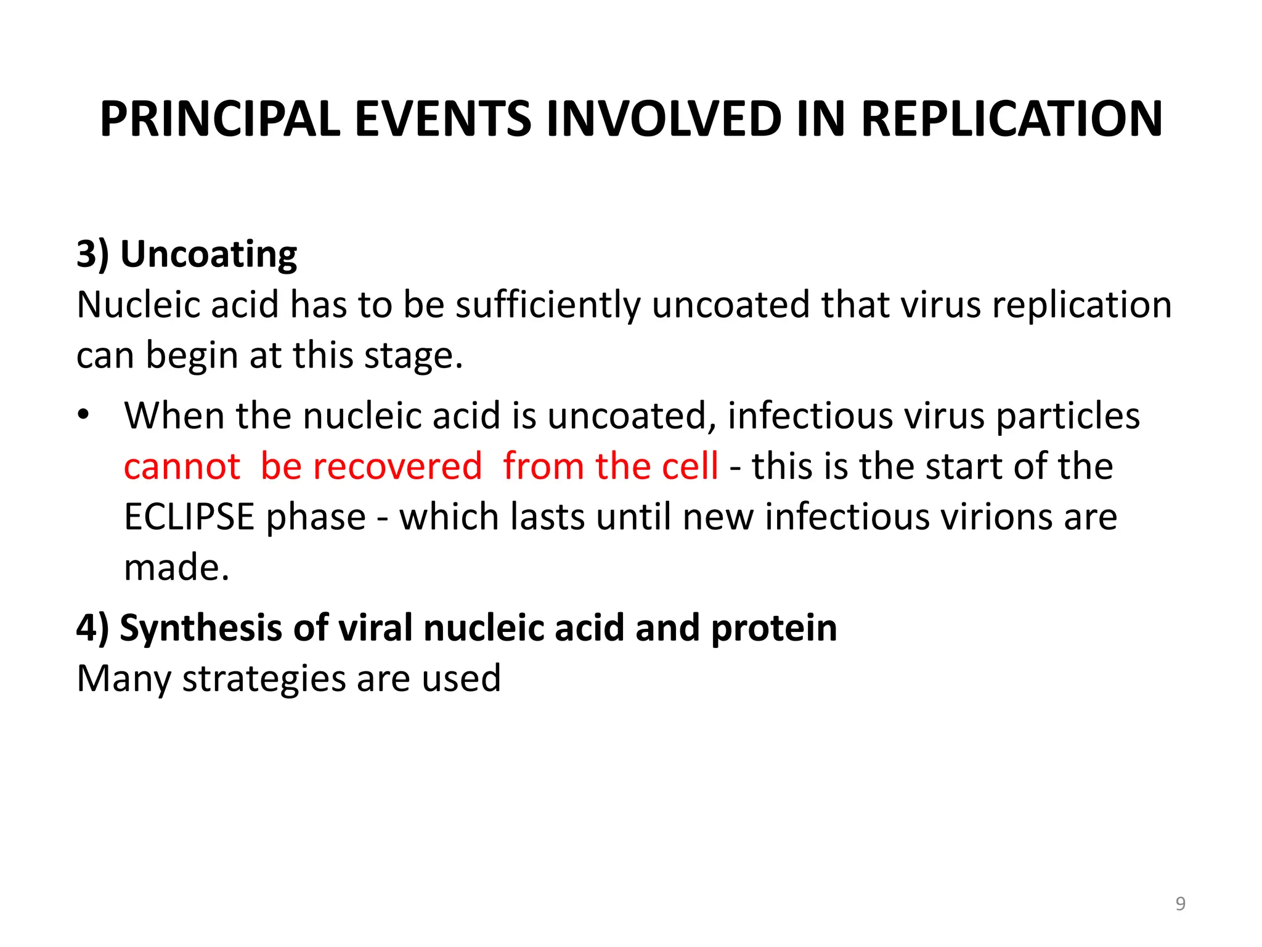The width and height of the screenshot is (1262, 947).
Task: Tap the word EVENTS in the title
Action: click(442, 118)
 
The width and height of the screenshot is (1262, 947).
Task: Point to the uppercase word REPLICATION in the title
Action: click(1011, 118)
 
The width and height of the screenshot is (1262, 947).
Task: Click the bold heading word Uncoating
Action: click(208, 254)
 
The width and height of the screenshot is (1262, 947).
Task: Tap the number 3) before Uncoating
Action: click(92, 254)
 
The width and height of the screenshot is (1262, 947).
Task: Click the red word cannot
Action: click(182, 466)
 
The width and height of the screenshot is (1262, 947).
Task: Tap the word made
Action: click(176, 567)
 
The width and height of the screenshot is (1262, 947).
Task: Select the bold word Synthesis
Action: click(201, 628)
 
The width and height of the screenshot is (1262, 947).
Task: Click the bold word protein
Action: click(773, 628)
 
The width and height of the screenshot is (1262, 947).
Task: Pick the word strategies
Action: click(264, 679)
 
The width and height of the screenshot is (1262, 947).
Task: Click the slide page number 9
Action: click(1180, 904)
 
